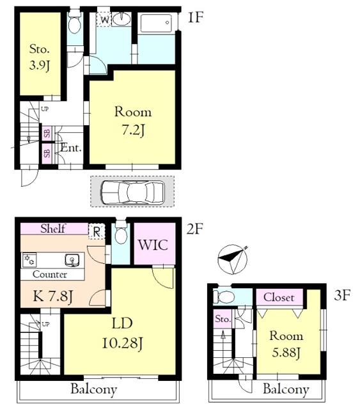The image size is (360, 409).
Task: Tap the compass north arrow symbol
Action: point(232,259)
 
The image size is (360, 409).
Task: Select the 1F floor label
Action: point(195,18)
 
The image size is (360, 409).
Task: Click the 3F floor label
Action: point(342,295)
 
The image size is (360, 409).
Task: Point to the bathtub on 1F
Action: point(157,23)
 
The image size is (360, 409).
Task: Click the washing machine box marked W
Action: point(104,19)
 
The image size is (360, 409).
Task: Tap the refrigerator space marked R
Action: point(97,231)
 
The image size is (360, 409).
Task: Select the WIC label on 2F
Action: point(153,245)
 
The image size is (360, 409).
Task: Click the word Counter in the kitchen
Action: point(50,274)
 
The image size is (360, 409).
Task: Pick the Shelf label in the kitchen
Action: point(53,229)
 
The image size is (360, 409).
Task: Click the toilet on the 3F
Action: point(224,297)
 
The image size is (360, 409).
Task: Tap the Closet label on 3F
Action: point(279,297)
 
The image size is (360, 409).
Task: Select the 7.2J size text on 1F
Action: point(133,130)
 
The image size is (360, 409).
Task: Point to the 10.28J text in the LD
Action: point(122,343)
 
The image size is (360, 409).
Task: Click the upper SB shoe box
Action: point(47,134)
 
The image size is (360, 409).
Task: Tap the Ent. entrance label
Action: point(71,148)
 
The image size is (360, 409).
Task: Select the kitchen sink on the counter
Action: point(72,260)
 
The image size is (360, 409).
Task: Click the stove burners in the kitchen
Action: point(29,260)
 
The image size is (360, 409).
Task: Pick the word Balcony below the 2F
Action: point(94,389)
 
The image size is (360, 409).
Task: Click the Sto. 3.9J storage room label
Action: point(40,57)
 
